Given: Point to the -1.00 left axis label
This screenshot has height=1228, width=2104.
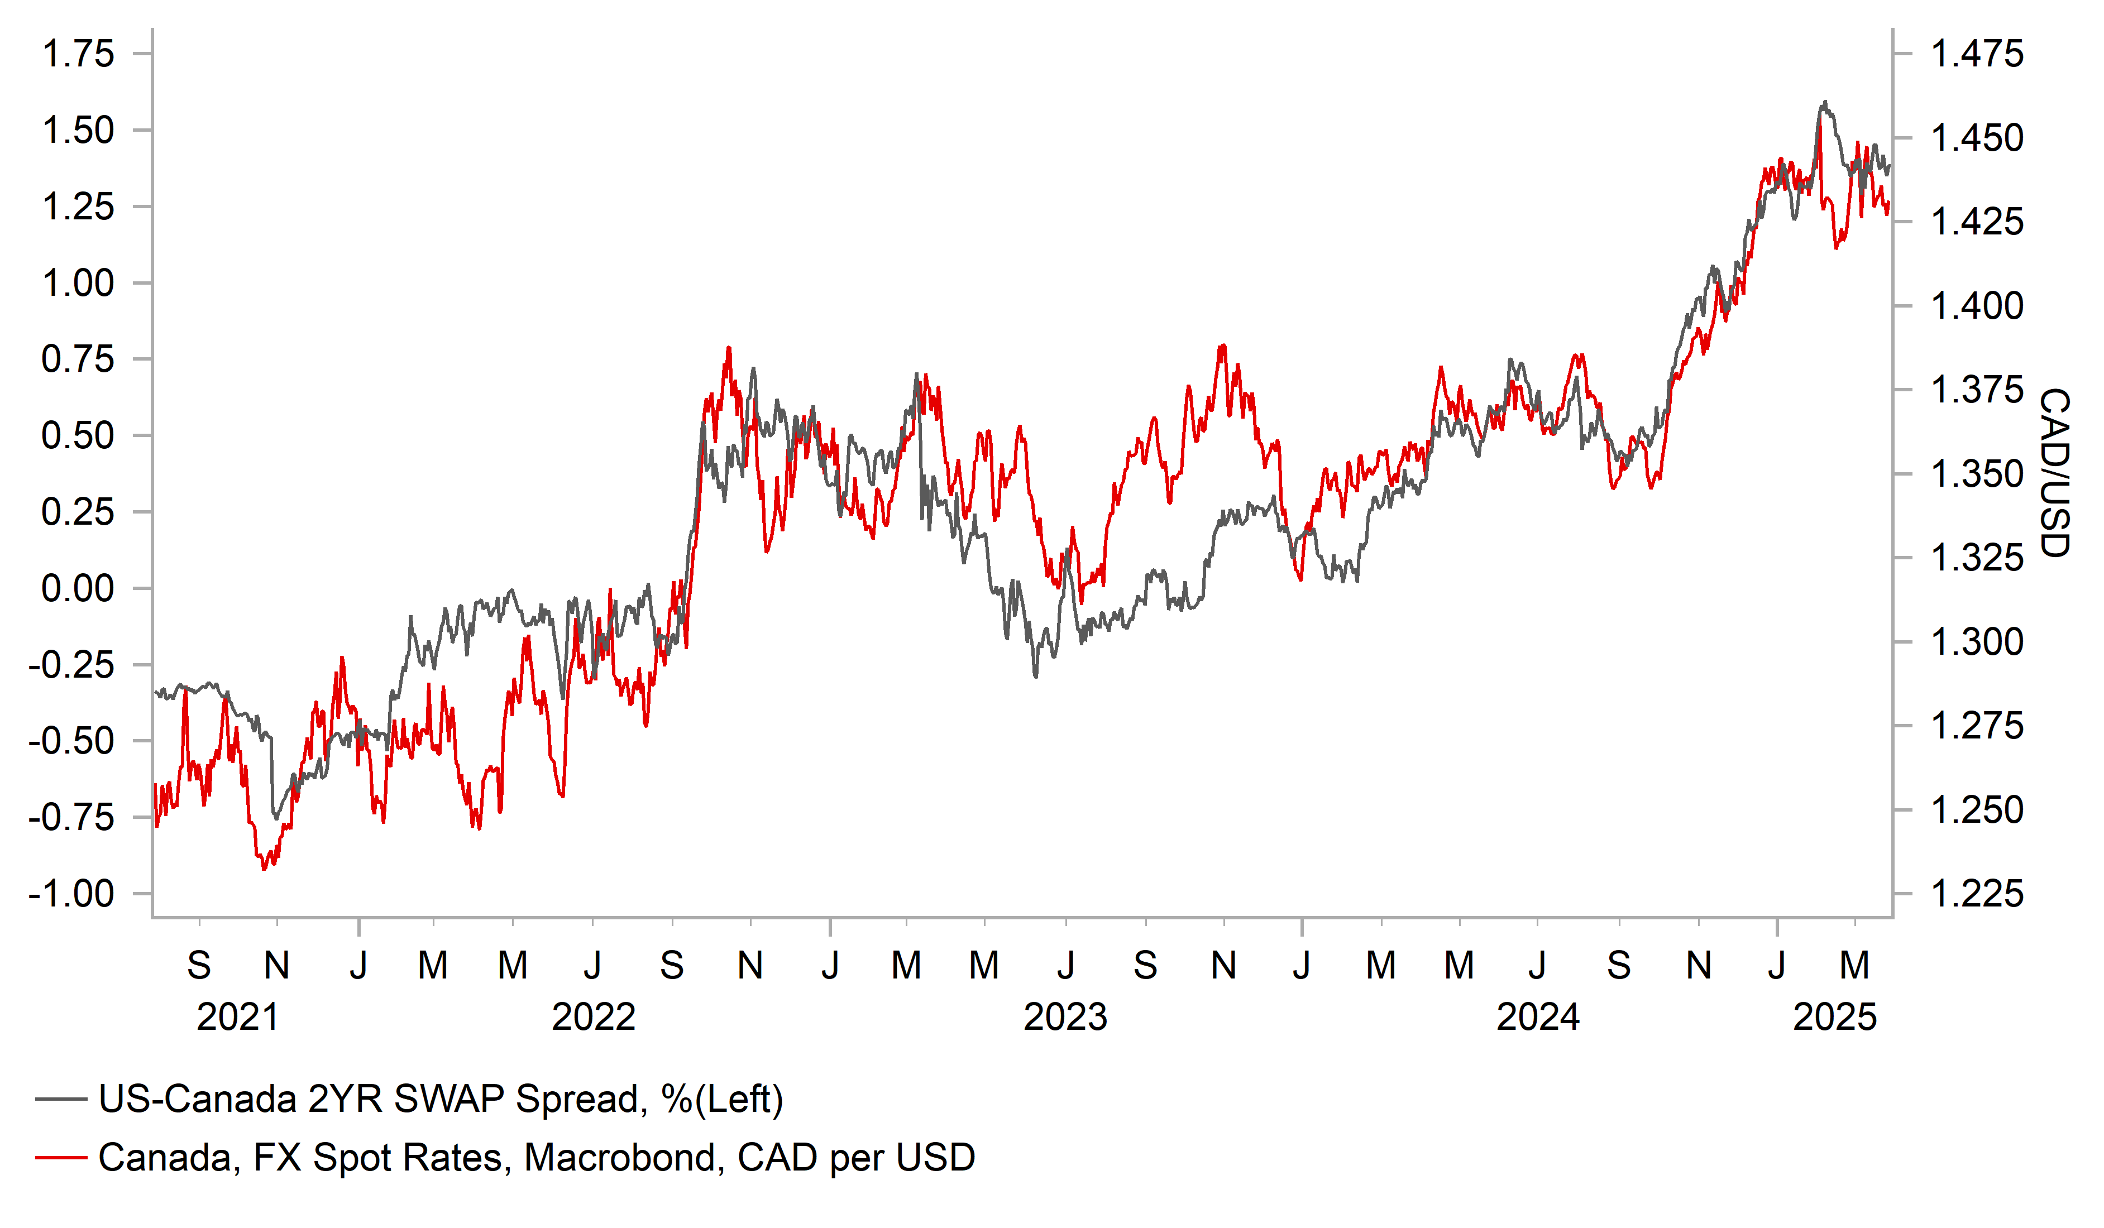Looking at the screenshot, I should click(71, 894).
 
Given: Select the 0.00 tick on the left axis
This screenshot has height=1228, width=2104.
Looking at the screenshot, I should click(78, 588).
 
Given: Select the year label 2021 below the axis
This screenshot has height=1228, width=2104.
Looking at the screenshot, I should click(237, 1018).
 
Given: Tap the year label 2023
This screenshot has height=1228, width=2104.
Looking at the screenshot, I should click(1065, 1018).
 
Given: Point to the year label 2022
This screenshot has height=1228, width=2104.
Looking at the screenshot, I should click(594, 1018).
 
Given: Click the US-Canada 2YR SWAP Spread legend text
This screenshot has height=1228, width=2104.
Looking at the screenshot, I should click(441, 1100).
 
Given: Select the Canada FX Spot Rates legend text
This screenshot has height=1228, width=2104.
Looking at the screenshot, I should click(536, 1158).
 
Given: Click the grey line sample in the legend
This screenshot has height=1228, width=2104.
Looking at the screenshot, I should click(61, 1100).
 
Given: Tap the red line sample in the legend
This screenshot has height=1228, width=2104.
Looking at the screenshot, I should click(61, 1158).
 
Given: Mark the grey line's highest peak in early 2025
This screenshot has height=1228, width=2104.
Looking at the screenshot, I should click(1825, 103).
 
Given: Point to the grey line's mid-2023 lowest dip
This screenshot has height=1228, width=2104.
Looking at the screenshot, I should click(1036, 675).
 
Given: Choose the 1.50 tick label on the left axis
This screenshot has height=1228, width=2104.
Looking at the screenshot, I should click(78, 131).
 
